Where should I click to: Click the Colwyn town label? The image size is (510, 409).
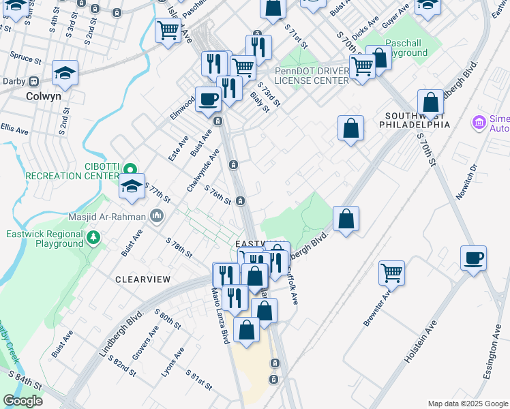pos(44,96)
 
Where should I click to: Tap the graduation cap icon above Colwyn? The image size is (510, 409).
pos(65,72)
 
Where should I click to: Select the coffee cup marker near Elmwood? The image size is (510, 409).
pos(208,99)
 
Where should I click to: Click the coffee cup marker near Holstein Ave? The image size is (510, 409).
pos(474,258)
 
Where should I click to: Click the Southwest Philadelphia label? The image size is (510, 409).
pos(417,121)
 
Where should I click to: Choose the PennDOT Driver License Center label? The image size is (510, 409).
pos(312,76)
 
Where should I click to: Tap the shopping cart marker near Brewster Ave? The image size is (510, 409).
pos(391,273)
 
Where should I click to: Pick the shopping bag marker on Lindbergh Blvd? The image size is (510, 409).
pos(346,219)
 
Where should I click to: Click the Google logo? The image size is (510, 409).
pos(23,401)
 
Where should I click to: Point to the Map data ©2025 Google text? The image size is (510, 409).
pos(467,404)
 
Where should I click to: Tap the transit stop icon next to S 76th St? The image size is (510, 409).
pos(240,201)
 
